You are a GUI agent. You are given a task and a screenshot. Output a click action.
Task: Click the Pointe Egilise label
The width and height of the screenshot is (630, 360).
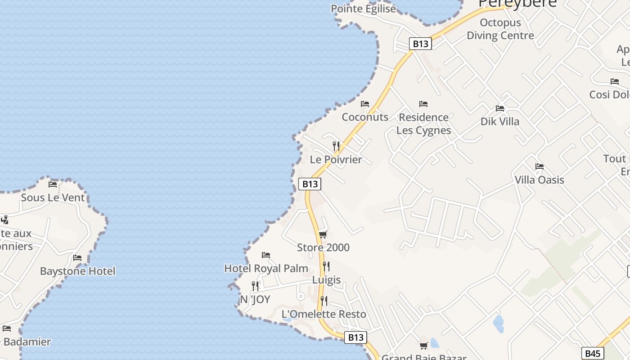click(363, 9)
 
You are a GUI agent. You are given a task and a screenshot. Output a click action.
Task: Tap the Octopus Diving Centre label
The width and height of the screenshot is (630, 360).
click(500, 29)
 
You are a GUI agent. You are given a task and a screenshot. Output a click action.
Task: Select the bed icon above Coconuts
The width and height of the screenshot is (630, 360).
click(365, 104)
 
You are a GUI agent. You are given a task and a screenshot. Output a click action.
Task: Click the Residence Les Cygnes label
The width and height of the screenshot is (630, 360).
click(423, 124)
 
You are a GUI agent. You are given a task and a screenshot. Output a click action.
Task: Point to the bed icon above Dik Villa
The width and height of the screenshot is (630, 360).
click(499, 108)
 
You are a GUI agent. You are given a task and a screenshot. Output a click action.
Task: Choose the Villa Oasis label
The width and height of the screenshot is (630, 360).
click(539, 180)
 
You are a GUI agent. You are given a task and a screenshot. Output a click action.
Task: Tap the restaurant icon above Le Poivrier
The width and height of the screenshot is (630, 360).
click(336, 146)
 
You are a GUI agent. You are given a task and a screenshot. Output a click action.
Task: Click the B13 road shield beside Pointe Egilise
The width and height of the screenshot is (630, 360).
click(420, 44)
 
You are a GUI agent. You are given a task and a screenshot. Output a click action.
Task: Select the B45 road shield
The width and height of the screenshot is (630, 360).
click(593, 353)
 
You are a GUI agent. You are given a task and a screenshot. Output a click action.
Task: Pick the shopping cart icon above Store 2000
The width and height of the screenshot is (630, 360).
click(323, 234)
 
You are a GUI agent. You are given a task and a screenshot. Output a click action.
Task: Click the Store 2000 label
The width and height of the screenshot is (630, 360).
click(323, 247)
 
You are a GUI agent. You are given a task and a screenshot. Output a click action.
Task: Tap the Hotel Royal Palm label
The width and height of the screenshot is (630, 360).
click(266, 269)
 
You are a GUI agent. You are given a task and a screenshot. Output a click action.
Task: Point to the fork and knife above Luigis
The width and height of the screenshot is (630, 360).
click(326, 266)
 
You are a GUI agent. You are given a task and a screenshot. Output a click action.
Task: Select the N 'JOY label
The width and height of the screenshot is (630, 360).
click(255, 299)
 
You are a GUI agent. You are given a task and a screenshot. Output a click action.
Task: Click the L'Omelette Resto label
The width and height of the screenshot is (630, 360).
click(324, 314)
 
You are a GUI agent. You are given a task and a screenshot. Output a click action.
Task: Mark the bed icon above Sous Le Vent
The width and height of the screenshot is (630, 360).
click(53, 184)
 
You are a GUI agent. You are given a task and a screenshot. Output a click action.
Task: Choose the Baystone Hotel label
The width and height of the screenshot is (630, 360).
click(77, 271)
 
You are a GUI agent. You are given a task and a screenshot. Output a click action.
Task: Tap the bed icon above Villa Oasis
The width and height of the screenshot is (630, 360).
click(540, 167)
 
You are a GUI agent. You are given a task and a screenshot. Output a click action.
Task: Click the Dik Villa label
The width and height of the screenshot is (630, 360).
click(499, 121)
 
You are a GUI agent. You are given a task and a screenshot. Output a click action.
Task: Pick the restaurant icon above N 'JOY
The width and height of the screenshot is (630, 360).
click(255, 286)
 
